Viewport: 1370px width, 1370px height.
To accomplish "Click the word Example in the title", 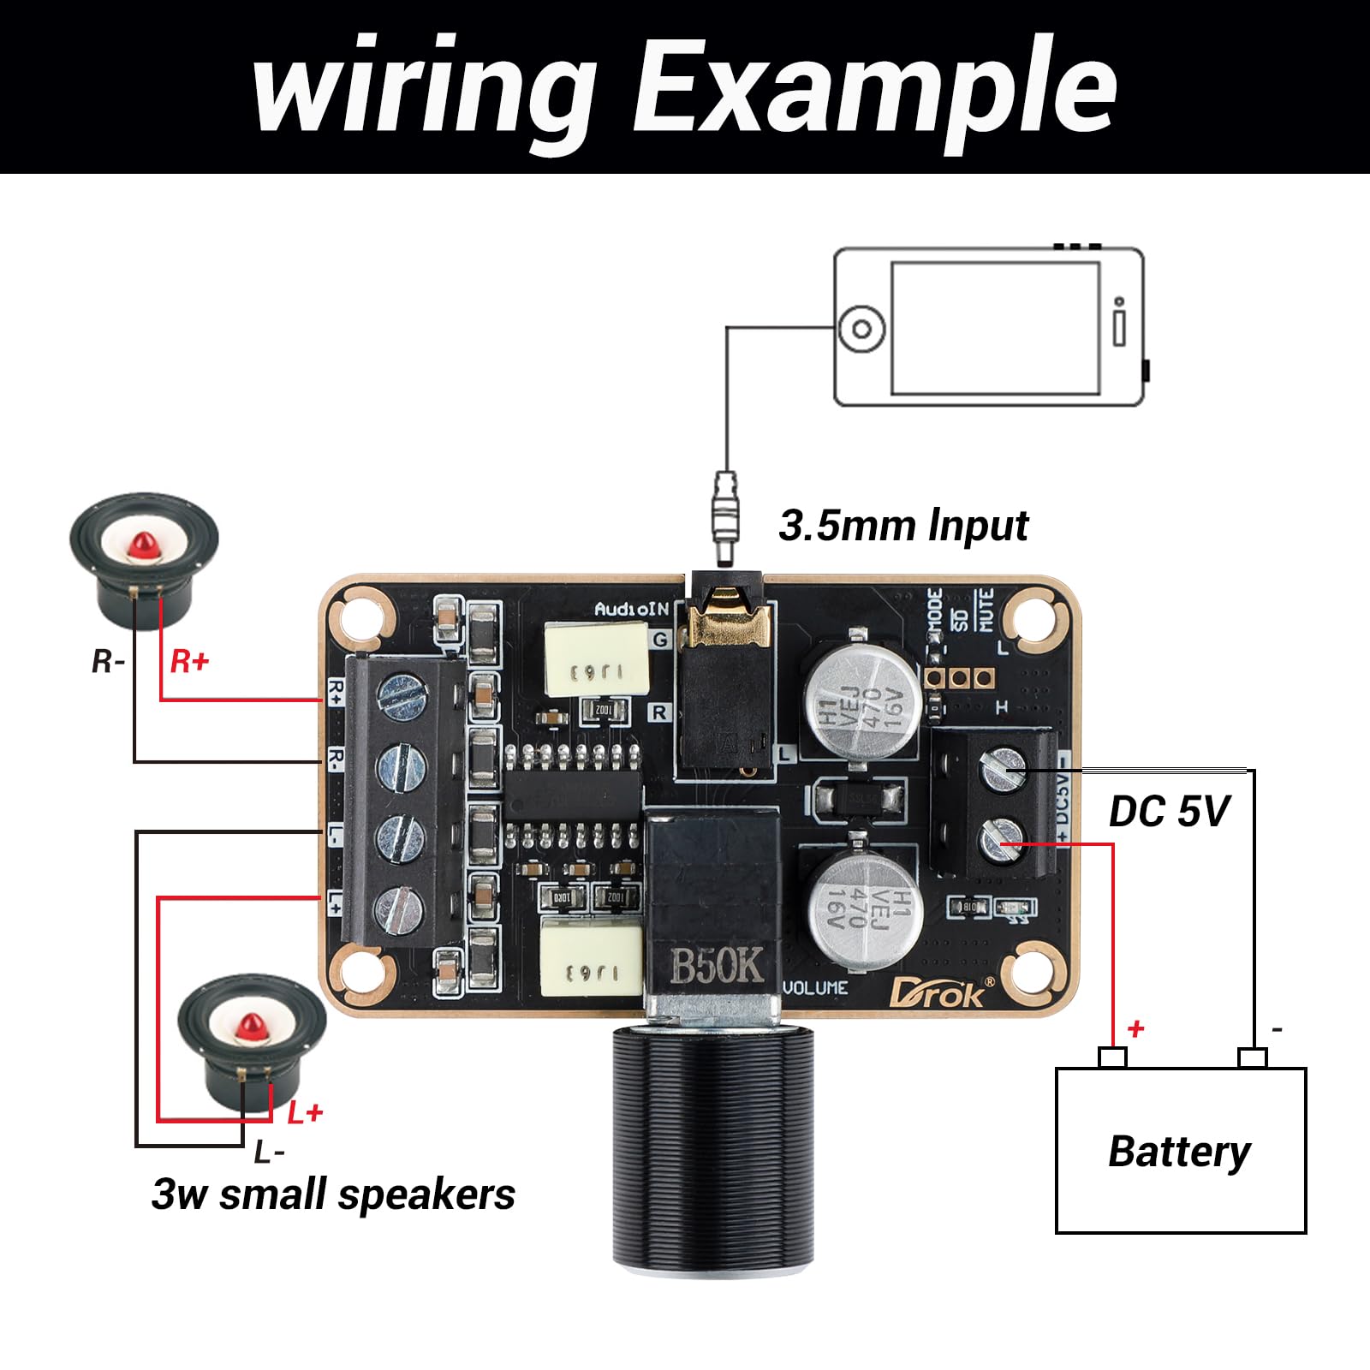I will coord(873,86).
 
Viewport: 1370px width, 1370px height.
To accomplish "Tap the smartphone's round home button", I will coord(861,329).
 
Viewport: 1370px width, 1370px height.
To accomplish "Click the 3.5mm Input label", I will coord(903,525).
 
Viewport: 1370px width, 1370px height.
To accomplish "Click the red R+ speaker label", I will coord(189,661).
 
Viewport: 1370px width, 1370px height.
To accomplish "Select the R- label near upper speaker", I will coord(109,661).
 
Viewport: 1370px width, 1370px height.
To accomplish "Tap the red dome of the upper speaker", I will coord(143,545).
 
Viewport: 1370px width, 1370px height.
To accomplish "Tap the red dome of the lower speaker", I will coord(252,1025).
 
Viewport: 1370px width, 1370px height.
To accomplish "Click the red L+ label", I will coord(304,1113).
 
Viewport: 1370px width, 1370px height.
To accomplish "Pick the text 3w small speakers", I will coord(333,1194).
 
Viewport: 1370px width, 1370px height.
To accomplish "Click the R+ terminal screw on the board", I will coord(402,694).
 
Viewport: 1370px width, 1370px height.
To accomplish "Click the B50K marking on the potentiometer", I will coord(716,966).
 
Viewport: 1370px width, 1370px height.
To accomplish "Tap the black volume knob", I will coord(712,1147).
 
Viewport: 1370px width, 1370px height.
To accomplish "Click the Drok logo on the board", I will coord(940,993).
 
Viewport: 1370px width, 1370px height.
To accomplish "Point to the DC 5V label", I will coord(1169,811).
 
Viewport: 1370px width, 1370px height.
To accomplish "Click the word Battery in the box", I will coord(1179,1152).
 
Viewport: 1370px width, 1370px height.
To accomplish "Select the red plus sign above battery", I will coord(1135,1028).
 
